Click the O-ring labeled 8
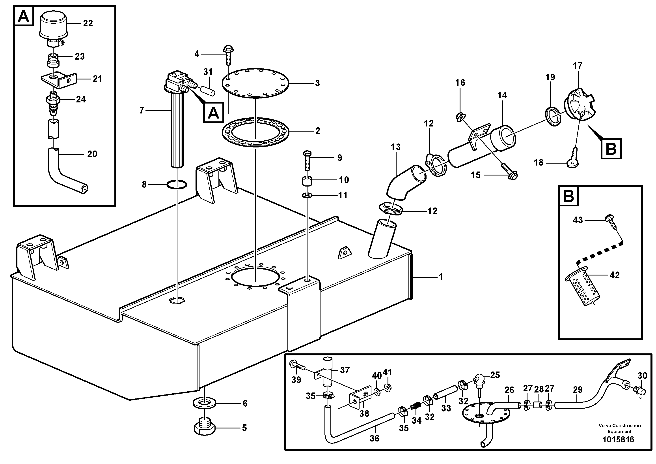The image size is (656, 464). (177, 185)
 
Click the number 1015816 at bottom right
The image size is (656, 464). (618, 439)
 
